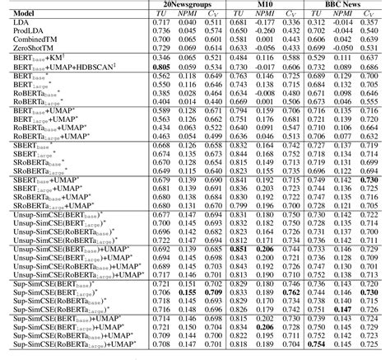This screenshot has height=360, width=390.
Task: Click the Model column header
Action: (19, 13)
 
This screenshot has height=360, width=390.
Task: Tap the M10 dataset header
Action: (266, 5)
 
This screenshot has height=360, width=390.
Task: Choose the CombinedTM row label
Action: (31, 40)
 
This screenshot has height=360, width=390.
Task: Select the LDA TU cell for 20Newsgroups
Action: (162, 23)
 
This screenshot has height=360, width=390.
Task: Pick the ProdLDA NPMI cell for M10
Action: (265, 31)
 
